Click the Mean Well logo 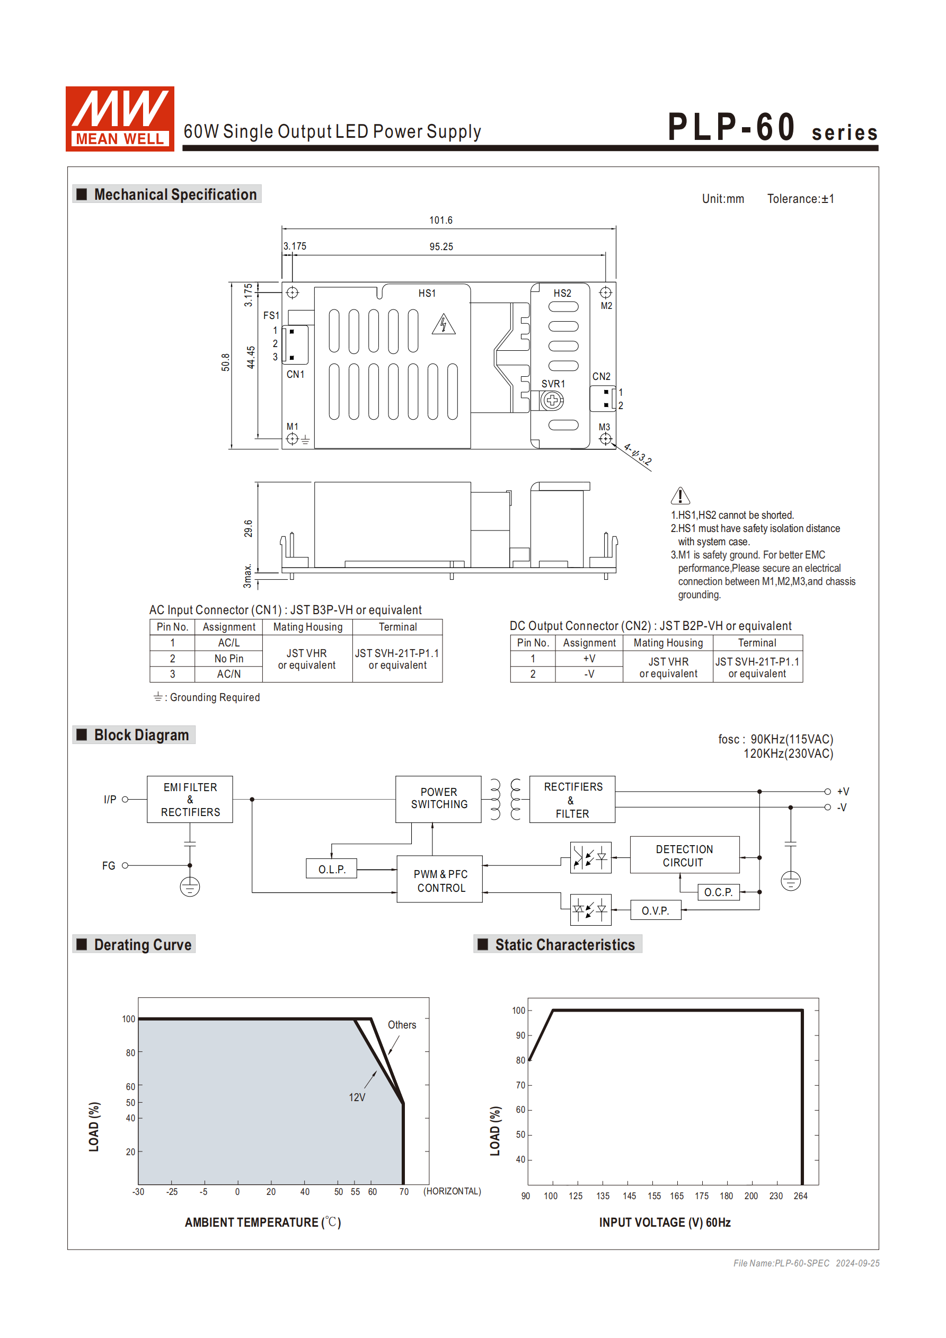119,118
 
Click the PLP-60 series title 772,128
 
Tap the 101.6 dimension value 440,220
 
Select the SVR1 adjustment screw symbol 551,401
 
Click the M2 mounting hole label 606,306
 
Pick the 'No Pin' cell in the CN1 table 228,659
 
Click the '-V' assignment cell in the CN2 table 589,674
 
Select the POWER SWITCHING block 438,799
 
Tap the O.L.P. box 332,869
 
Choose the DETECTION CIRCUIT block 684,855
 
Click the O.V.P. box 655,910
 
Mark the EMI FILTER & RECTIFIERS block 190,799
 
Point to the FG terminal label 109,866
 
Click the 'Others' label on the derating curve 402,1025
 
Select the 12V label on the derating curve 357,1097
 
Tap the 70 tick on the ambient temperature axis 404,1192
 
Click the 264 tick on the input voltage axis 800,1196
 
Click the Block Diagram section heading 141,735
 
